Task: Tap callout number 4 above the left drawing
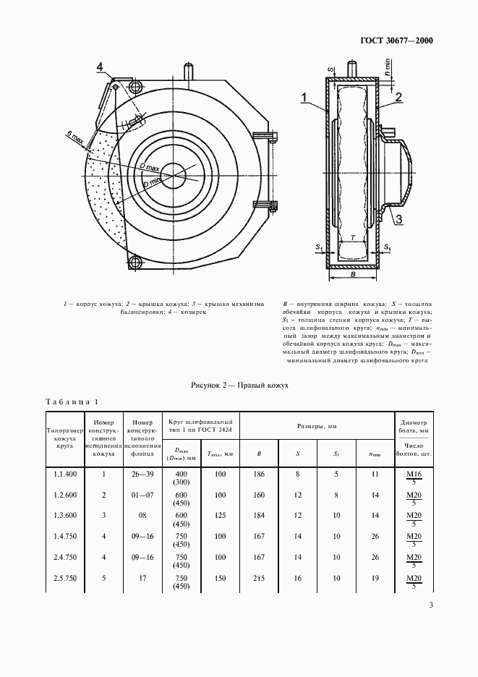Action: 101,68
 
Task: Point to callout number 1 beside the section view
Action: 305,96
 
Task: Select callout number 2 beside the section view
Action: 397,96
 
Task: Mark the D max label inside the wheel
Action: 150,168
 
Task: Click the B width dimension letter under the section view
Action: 351,275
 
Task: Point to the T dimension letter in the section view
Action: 351,237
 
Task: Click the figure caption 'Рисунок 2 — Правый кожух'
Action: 239,386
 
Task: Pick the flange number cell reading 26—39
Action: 144,474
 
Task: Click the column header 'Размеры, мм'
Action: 316,427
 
